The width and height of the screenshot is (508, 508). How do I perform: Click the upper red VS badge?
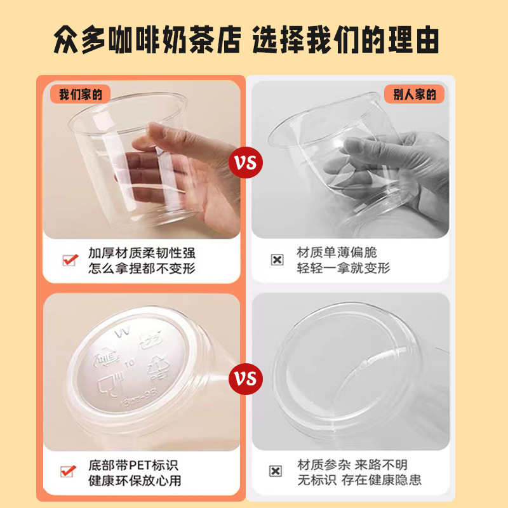[x=246, y=163]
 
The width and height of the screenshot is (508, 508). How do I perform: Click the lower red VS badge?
[x=246, y=379]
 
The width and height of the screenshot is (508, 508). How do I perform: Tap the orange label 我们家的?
[x=80, y=95]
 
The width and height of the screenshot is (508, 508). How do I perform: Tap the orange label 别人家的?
[x=415, y=95]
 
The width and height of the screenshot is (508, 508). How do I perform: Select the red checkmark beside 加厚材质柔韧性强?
[x=69, y=260]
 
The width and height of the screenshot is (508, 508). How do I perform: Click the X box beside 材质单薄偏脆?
[x=277, y=260]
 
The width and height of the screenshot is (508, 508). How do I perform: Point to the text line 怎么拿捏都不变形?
[x=142, y=268]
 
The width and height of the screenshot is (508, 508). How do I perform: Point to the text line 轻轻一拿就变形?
[x=344, y=268]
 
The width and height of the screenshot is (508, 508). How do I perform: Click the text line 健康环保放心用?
[x=135, y=480]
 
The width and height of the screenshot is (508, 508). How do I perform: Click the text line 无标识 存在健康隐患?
[x=359, y=480]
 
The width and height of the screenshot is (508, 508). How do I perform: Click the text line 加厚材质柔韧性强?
[x=142, y=252]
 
